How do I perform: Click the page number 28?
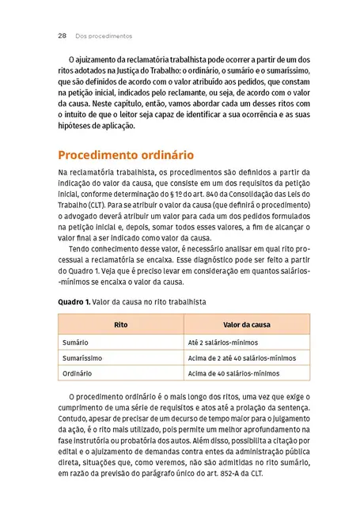click(61, 36)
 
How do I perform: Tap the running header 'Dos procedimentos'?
click(104, 36)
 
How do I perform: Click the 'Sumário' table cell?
click(76, 342)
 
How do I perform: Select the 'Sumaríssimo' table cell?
click(82, 357)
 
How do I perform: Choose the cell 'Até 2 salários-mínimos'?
click(222, 342)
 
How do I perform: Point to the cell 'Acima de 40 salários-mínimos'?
click(233, 373)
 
